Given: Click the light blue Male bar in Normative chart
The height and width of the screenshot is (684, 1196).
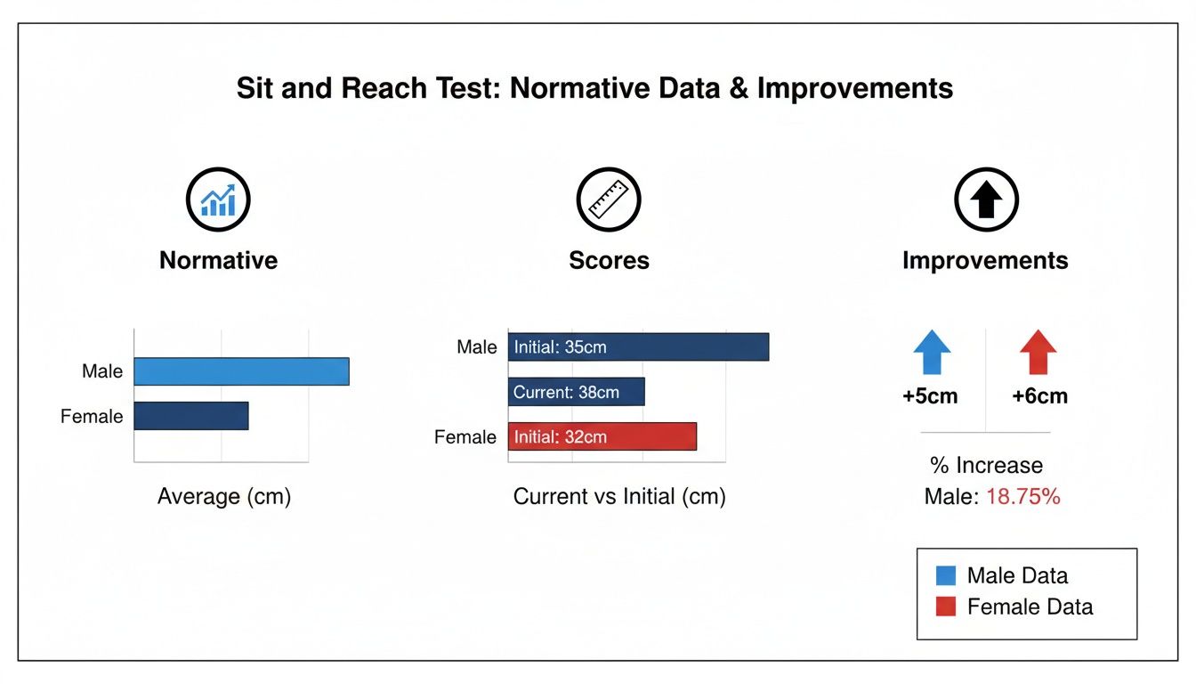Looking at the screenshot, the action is click(x=241, y=371).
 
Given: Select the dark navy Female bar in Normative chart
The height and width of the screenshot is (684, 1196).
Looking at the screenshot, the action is click(x=191, y=416).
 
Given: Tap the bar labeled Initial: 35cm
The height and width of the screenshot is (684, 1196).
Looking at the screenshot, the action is click(x=639, y=346).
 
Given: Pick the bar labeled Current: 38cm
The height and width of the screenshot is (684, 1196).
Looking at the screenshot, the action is click(x=577, y=392).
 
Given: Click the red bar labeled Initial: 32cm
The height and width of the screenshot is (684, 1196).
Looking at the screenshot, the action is click(x=602, y=436).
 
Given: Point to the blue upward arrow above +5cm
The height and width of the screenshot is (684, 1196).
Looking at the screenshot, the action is click(x=932, y=352).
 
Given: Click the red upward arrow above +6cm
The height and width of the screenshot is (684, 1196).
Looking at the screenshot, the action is click(x=1038, y=352).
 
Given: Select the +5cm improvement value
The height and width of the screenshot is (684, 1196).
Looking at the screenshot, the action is click(x=930, y=396).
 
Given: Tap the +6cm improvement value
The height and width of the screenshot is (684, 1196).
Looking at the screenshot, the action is click(x=1040, y=396).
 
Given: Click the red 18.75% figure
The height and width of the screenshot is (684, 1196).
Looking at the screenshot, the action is click(x=1023, y=496).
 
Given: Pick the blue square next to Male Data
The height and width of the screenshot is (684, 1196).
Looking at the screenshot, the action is click(x=946, y=575).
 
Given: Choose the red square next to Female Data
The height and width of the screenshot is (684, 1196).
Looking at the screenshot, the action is click(x=946, y=607).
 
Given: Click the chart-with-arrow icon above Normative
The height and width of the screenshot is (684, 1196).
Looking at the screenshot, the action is click(x=218, y=199).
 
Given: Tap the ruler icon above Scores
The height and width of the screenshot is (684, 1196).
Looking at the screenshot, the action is click(x=609, y=199).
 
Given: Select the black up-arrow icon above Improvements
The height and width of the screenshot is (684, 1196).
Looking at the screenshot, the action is click(x=986, y=199).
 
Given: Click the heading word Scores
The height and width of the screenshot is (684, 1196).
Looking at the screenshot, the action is click(x=610, y=260).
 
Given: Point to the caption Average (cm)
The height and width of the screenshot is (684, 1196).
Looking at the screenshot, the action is click(x=224, y=496).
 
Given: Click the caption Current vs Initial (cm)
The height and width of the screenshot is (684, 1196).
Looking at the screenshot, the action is click(x=619, y=496).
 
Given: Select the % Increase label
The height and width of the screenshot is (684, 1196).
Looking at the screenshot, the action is click(x=986, y=466).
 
